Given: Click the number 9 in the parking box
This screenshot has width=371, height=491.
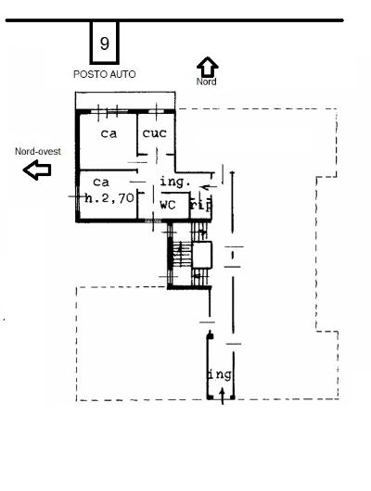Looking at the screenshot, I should click(x=106, y=43).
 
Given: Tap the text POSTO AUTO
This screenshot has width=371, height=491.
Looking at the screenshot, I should click(x=105, y=73).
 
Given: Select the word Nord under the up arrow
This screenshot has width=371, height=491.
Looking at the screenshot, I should click(x=208, y=82).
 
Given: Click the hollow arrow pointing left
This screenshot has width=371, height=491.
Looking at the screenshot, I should click(x=37, y=170).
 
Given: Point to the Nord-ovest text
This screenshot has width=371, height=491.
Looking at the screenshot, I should click(x=34, y=150).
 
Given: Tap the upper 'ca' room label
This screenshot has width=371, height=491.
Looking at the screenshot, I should click(x=109, y=134).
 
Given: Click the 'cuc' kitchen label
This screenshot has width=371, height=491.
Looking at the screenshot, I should click(x=154, y=134).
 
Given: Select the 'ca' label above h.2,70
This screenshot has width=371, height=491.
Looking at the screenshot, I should click(x=101, y=182).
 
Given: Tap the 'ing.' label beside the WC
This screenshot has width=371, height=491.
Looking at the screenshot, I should click(x=174, y=182).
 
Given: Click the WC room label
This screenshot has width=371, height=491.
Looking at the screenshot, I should click(x=168, y=204).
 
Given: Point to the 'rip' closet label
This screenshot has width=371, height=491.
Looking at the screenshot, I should click(x=198, y=206).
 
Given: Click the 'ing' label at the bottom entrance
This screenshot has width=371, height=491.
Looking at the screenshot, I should click(x=219, y=374).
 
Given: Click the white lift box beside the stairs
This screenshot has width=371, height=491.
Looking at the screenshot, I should click(x=203, y=254).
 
